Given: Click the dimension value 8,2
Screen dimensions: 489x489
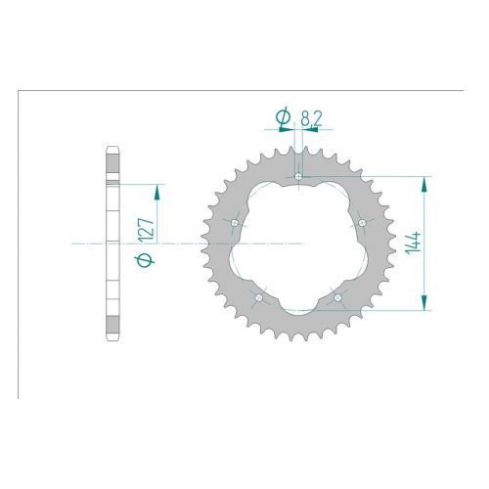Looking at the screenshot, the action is pyautogui.click(x=311, y=118).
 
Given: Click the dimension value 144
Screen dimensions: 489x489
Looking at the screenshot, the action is pyautogui.click(x=413, y=243).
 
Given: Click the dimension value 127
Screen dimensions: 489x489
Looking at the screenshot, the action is pyautogui.click(x=146, y=230).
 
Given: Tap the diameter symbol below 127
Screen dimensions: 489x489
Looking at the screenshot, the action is pyautogui.click(x=145, y=260).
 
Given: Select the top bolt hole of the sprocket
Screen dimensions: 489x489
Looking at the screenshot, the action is pyautogui.click(x=298, y=176).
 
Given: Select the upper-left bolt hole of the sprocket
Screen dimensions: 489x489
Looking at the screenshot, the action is pyautogui.click(x=235, y=223).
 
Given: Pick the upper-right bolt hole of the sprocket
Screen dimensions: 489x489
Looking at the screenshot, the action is pyautogui.click(x=362, y=223).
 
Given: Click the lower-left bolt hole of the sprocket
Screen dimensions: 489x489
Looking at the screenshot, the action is pyautogui.click(x=259, y=297).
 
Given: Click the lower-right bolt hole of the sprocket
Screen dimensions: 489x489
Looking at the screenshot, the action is pyautogui.click(x=337, y=297).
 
